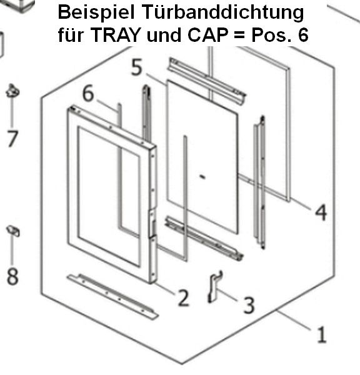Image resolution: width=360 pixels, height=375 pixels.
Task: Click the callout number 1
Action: (321, 334)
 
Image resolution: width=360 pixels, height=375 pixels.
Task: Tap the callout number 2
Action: (184, 297)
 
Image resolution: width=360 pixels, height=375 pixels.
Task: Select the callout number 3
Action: (249, 305)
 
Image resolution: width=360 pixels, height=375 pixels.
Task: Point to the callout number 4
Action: (321, 212)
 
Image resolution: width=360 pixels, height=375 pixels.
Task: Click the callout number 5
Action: (137, 67)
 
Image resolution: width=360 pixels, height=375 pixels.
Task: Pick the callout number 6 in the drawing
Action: (88, 93)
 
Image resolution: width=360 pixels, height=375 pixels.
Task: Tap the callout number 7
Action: (12, 139)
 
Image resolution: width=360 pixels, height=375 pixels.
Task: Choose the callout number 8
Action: (12, 276)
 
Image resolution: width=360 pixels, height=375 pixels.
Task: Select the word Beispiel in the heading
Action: (96, 12)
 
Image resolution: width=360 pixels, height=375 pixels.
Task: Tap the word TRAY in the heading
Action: (116, 35)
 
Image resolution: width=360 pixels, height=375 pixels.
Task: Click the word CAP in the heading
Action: (207, 35)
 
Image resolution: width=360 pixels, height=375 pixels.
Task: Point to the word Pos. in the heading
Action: (271, 35)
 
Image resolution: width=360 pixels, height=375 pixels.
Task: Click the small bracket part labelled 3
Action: (214, 286)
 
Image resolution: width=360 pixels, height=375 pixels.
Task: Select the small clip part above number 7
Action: (12, 91)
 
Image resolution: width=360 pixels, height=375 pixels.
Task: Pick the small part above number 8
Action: (13, 231)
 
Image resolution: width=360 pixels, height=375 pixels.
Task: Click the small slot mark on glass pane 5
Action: (202, 177)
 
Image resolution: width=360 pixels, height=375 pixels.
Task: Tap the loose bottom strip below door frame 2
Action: (112, 296)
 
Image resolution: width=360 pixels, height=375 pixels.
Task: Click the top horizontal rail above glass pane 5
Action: (207, 81)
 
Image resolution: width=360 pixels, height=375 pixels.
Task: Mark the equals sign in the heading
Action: (239, 36)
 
